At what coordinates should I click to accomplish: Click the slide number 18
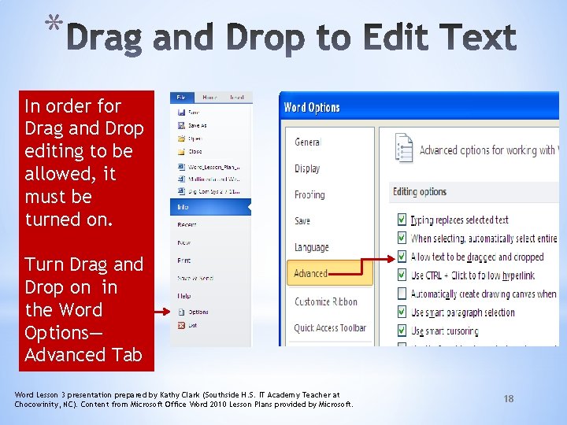(x=509, y=399)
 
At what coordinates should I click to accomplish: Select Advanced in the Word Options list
(x=311, y=274)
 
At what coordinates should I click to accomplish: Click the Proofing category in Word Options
(x=309, y=194)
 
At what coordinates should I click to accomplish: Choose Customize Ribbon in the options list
(x=326, y=301)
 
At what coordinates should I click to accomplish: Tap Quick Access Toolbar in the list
(x=330, y=327)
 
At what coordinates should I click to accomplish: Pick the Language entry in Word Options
(x=312, y=247)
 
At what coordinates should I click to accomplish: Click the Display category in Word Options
(x=307, y=168)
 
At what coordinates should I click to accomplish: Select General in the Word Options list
(x=308, y=142)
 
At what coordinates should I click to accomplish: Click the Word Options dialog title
(x=312, y=108)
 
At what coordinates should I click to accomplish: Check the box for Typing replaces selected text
(x=402, y=220)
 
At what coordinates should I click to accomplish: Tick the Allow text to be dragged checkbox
(x=402, y=257)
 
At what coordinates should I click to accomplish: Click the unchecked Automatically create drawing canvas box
(x=402, y=294)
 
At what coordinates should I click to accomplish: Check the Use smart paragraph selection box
(x=402, y=312)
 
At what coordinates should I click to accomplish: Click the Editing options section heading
(x=420, y=192)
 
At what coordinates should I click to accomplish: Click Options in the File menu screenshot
(x=198, y=312)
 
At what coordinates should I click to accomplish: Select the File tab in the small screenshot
(x=181, y=98)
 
